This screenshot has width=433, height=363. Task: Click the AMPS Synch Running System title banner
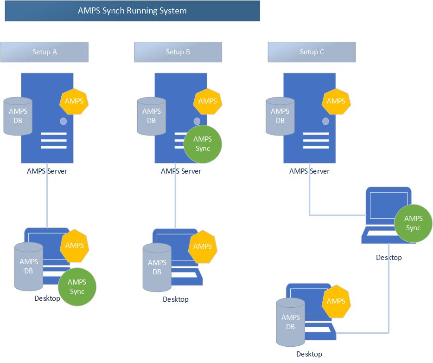click(133, 11)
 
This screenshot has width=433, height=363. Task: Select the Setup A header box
click(45, 52)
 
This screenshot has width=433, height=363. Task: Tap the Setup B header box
click(178, 52)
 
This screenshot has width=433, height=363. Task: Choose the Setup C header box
click(312, 52)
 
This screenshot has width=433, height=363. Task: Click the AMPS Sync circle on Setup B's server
click(203, 144)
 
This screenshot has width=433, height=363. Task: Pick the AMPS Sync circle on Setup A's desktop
click(77, 287)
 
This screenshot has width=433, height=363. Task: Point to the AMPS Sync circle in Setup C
click(413, 223)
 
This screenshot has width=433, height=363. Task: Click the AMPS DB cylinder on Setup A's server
click(18, 116)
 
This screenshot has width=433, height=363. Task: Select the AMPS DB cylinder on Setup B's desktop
click(157, 267)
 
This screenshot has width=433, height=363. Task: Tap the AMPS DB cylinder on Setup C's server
click(280, 116)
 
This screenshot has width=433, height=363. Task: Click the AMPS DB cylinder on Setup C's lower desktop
click(291, 322)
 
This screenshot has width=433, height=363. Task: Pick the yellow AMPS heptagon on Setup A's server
click(74, 102)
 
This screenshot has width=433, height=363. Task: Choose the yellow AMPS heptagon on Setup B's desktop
click(203, 246)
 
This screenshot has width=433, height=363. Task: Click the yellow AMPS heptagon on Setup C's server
click(336, 102)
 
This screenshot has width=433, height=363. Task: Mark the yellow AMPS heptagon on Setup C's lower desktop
click(336, 301)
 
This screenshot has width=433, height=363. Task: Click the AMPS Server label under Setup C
click(309, 171)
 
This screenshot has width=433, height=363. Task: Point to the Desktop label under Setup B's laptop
click(176, 299)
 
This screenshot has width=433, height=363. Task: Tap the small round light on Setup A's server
click(63, 121)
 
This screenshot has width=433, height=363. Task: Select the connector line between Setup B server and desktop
click(175, 196)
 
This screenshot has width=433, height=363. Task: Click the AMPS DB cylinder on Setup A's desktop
click(29, 266)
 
